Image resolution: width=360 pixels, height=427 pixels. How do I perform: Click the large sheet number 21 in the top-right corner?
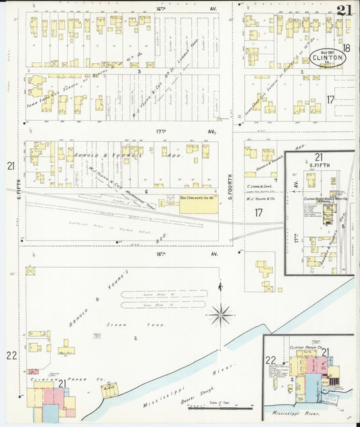[344, 10]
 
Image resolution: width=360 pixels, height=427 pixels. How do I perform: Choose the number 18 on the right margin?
[346, 48]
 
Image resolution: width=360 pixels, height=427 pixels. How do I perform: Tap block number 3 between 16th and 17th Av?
[138, 70]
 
